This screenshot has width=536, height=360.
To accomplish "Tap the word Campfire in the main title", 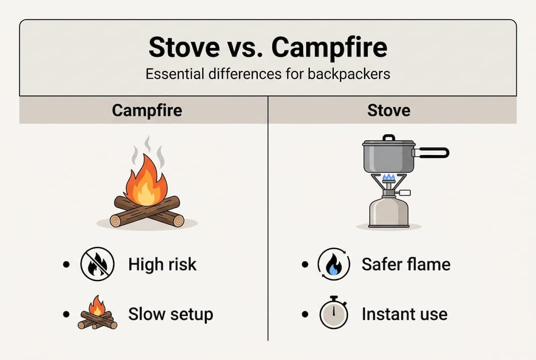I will pyautogui.click(x=330, y=47).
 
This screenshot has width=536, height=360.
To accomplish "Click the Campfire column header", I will pyautogui.click(x=144, y=110).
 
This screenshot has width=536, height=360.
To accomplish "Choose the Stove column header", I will pyautogui.click(x=388, y=110).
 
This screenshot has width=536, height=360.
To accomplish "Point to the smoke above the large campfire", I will pyautogui.click(x=147, y=150).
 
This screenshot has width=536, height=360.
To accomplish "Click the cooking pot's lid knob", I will pyautogui.click(x=389, y=137).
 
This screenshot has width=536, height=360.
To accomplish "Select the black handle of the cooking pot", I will pyautogui.click(x=432, y=152).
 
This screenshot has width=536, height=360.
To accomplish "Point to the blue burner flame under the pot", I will pyautogui.click(x=389, y=177).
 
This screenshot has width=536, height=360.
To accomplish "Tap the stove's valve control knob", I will pyautogui.click(x=405, y=192).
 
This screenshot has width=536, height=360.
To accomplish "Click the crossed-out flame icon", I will pyautogui.click(x=97, y=264).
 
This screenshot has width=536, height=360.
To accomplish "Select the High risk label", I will pyautogui.click(x=162, y=264).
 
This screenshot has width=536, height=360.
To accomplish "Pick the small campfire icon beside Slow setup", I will pyautogui.click(x=97, y=313).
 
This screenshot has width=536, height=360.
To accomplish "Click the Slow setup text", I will pyautogui.click(x=170, y=314).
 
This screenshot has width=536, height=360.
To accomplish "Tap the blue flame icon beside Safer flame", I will pyautogui.click(x=334, y=264).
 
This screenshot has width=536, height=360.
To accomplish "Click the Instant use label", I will pyautogui.click(x=404, y=314).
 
